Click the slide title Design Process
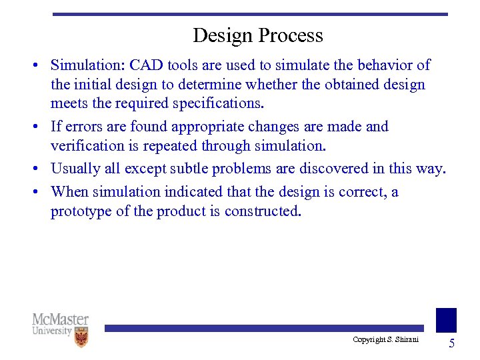point(257,35)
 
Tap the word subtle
point(199,169)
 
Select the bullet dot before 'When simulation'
point(41,193)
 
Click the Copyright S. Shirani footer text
point(385,340)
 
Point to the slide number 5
point(451,344)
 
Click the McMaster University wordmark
point(60,325)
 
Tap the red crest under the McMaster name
point(81,337)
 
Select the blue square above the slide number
point(446,320)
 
